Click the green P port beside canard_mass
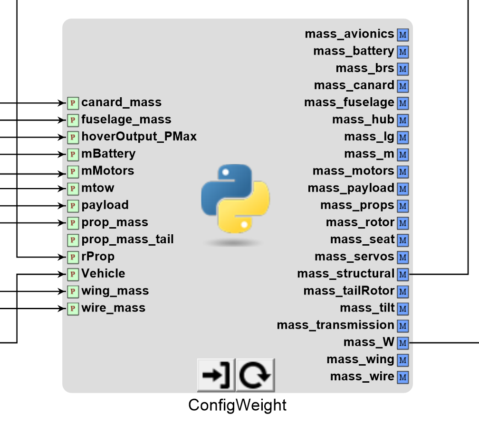73,103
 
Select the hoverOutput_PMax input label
139,137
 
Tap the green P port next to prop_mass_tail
73,240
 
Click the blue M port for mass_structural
403,274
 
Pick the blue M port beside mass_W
403,343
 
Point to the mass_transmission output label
335,325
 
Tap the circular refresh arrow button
255,375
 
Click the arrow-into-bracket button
216,375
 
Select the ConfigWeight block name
238,405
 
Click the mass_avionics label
349,34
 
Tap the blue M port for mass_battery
403,52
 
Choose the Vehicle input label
103,273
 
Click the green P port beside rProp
73,257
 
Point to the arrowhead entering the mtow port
62,189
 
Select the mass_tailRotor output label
349,291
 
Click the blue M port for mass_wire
403,377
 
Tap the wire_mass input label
113,308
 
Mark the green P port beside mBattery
73,155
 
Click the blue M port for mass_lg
403,138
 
